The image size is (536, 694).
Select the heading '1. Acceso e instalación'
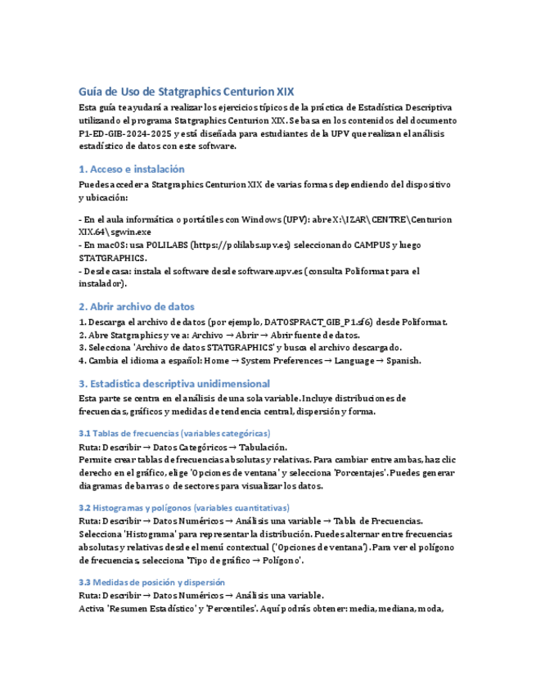[x=131, y=169]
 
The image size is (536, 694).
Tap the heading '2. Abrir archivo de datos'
[x=137, y=307]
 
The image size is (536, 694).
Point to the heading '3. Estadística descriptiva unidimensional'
[x=174, y=383]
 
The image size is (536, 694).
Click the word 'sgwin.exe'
[x=122, y=232]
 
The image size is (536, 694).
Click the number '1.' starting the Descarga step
[x=82, y=322]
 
